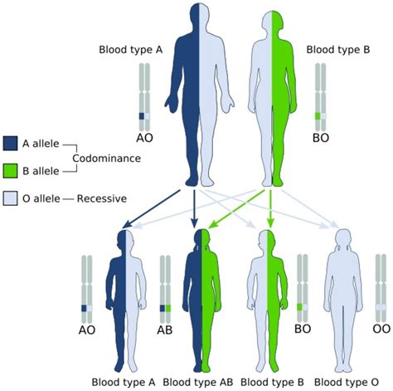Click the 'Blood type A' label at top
point(130,51)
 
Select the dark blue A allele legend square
point(12,143)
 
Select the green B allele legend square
point(12,170)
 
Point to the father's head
point(193,17)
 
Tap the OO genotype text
point(381,330)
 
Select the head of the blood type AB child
point(200,240)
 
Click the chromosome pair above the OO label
point(381,286)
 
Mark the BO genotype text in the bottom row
point(303,330)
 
